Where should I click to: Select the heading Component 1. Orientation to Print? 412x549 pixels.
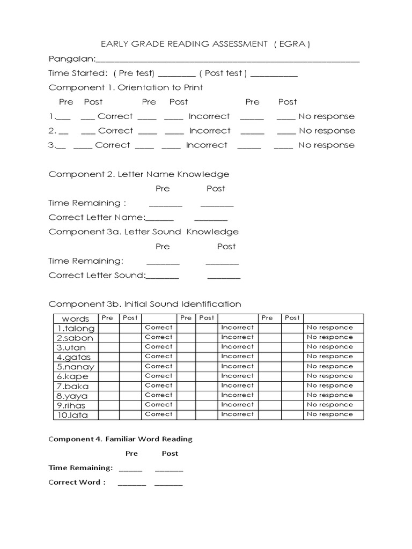click(126, 87)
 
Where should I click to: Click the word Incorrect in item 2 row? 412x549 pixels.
click(209, 131)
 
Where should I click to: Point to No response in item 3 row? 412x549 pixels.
click(326, 145)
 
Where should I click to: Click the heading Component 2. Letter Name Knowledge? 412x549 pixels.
click(138, 174)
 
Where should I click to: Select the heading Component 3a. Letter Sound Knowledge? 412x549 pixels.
click(143, 232)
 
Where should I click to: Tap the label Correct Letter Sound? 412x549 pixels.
click(97, 276)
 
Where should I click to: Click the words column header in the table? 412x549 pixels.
click(76, 318)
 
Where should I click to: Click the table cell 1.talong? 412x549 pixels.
click(76, 328)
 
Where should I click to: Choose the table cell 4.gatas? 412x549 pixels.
click(74, 357)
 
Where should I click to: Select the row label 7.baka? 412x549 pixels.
click(73, 386)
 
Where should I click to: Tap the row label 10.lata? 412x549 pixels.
click(72, 415)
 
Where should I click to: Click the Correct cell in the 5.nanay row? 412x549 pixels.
click(159, 366)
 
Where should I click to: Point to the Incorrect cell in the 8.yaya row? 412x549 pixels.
click(237, 395)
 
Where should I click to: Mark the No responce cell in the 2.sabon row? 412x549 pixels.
click(329, 337)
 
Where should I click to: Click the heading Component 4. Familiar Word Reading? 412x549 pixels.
click(120, 439)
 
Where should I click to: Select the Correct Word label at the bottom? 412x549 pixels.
click(77, 482)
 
